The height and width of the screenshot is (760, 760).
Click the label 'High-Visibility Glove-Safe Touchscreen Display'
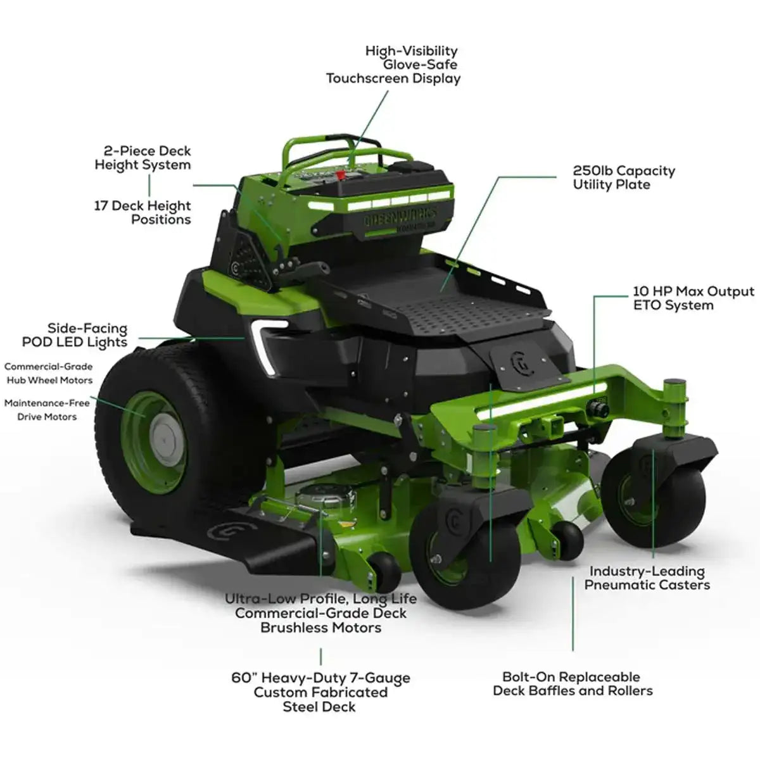pos(393,65)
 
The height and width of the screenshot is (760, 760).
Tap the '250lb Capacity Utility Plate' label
pos(623,178)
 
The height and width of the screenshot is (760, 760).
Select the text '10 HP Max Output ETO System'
pos(693,298)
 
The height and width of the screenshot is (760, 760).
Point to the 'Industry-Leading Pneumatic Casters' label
pos(647,578)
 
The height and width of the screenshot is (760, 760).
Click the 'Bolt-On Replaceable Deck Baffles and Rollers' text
pos(573,684)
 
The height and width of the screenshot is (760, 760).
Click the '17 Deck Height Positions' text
pos(142,212)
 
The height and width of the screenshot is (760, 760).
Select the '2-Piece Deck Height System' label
pos(143,158)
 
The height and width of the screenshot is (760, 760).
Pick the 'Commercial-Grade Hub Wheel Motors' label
pos(49,374)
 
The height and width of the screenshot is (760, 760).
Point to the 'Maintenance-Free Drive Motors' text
pos(47,410)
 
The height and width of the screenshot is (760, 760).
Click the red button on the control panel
pos(340,174)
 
